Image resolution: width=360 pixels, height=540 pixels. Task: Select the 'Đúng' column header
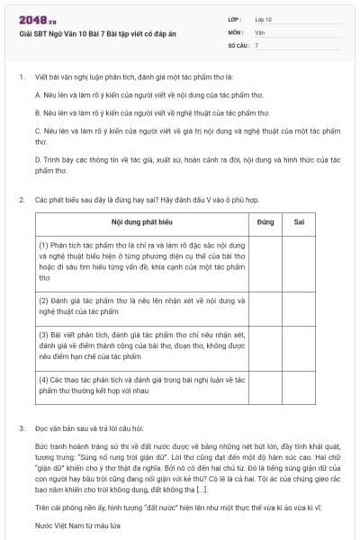click(x=265, y=220)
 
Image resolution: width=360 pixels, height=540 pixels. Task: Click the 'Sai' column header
click(x=299, y=220)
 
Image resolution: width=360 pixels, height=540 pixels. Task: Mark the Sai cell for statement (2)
click(x=299, y=306)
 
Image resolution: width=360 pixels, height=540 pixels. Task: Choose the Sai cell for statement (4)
click(x=299, y=385)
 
